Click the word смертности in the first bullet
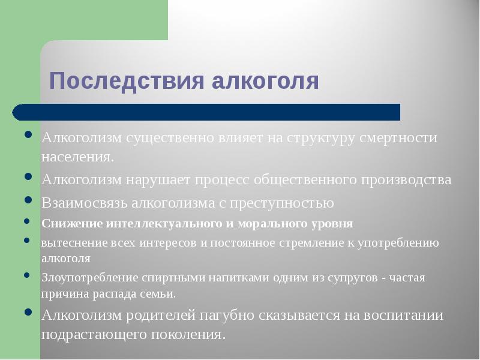point(398,138)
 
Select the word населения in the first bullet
point(76,157)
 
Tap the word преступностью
point(286,203)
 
